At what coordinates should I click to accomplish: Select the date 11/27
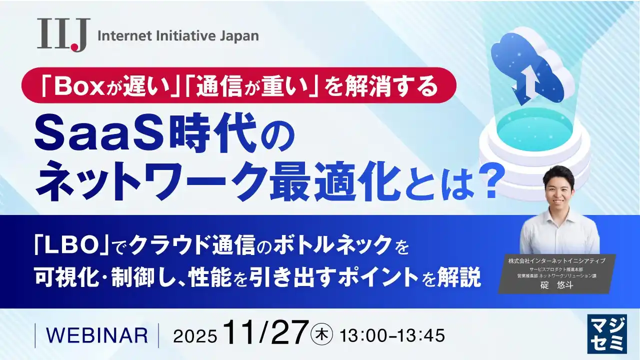264,332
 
